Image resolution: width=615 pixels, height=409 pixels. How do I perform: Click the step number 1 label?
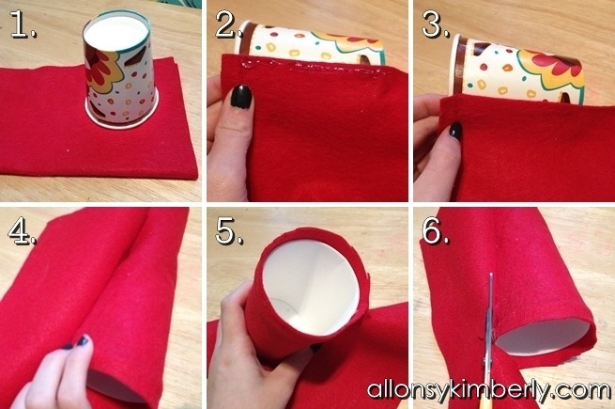coord(23,24)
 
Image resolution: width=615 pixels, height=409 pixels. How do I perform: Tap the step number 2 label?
coord(228,24)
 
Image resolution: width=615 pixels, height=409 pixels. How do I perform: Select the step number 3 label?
coord(436,24)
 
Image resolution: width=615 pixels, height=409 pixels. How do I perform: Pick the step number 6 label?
coord(436,231)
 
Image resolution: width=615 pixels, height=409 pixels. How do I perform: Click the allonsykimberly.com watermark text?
coord(488,390)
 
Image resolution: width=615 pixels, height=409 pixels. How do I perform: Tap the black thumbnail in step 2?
coord(240,96)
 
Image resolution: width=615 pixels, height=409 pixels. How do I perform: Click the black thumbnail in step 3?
coord(455,131)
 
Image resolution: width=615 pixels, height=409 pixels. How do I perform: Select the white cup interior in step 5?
coord(311,287)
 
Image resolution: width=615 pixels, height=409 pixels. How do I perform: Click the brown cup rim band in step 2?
coord(245,39)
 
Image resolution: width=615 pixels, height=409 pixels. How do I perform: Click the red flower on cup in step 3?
coord(558,64)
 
